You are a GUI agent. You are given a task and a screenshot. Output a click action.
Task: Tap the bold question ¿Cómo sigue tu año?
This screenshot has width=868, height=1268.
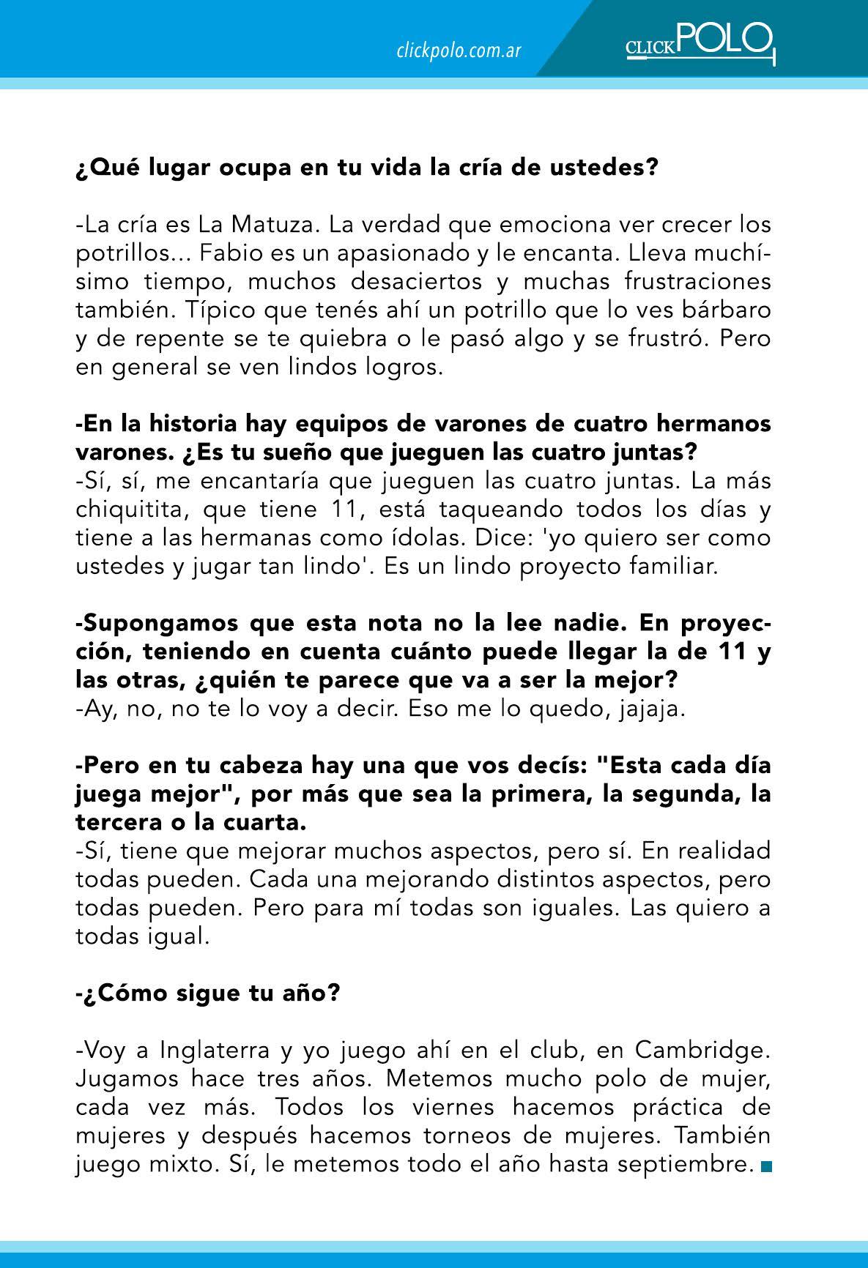[x=208, y=993]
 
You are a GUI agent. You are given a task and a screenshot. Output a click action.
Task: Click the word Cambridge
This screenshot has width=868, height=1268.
[x=702, y=1051]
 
